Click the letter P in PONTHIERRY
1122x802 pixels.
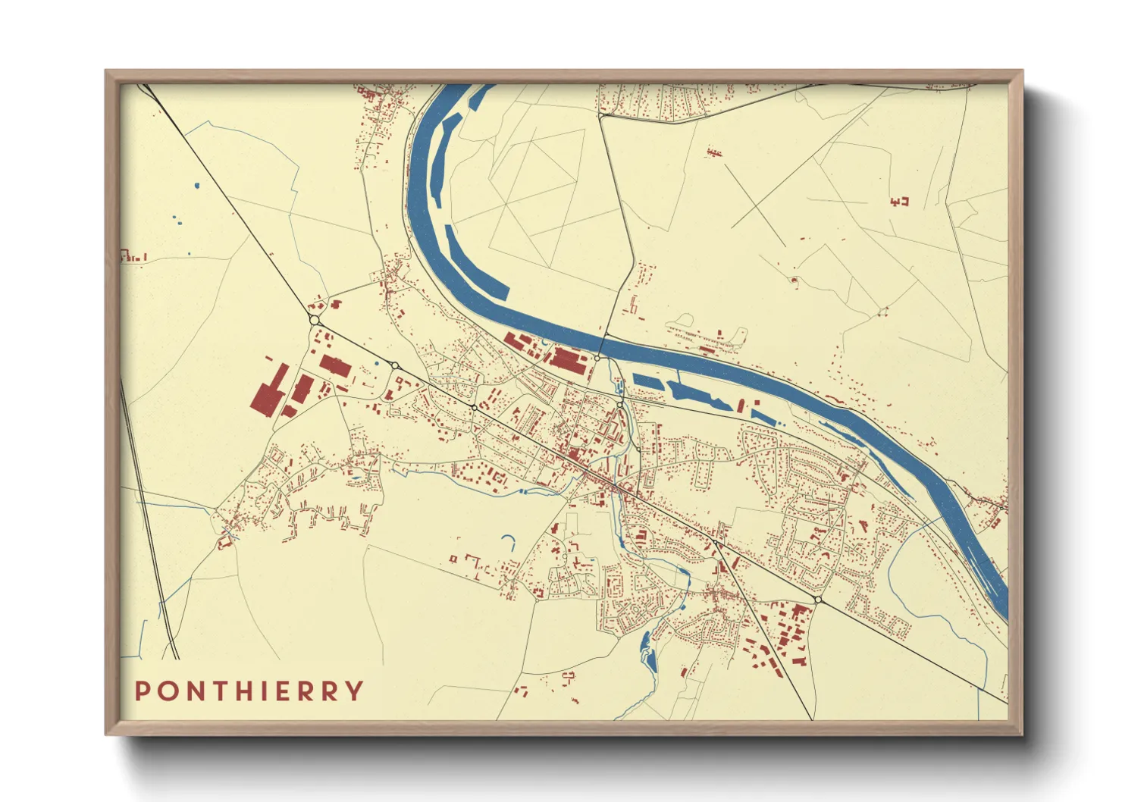click(x=142, y=691)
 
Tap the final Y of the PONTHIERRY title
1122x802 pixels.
click(x=355, y=691)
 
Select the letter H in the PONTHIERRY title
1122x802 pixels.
click(x=243, y=691)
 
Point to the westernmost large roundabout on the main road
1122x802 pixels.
click(x=315, y=321)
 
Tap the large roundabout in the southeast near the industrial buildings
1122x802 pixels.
click(x=818, y=600)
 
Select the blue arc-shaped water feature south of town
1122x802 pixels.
click(x=509, y=542)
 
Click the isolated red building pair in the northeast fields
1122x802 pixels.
click(x=899, y=202)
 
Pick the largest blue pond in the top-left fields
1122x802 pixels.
click(x=197, y=185)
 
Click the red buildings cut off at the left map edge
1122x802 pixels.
click(x=132, y=257)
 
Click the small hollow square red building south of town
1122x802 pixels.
click(x=453, y=559)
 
